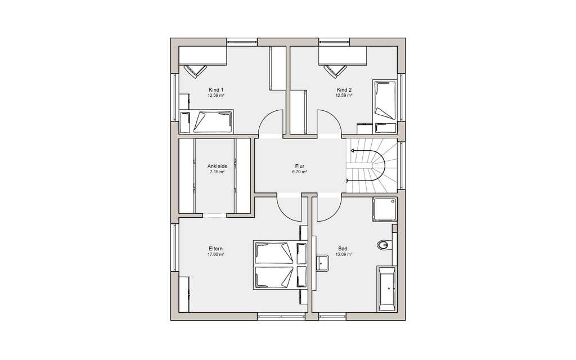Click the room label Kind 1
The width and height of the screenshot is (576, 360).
[x=216, y=90]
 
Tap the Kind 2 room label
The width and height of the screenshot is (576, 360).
[x=344, y=90]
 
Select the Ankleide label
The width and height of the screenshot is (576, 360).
[x=217, y=166]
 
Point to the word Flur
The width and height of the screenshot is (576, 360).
[x=299, y=166]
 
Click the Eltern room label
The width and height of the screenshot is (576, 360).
[x=215, y=249]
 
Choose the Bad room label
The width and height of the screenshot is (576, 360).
[x=343, y=249]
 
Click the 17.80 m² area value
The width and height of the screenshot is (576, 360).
[x=216, y=254]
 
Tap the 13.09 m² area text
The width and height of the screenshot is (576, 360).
[x=344, y=254]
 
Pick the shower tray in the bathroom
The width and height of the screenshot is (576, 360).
[x=385, y=210]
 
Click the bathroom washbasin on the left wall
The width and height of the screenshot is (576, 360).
[x=322, y=263]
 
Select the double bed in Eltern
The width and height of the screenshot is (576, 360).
[x=280, y=265]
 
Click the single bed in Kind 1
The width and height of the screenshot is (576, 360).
[x=207, y=121]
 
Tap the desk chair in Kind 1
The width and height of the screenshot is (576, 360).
[x=195, y=71]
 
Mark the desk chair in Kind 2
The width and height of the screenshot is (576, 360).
[x=335, y=71]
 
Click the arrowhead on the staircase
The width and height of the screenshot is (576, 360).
[x=353, y=151]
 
